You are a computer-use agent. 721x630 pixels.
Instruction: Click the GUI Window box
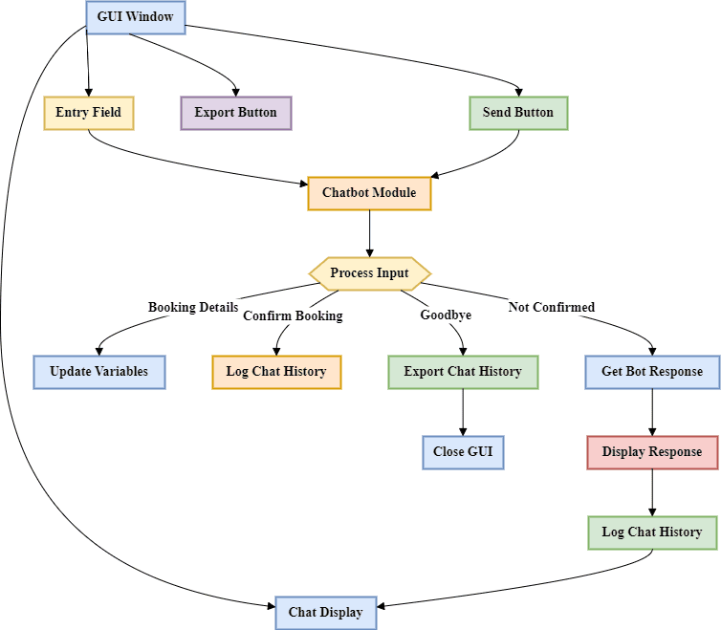pyautogui.click(x=135, y=16)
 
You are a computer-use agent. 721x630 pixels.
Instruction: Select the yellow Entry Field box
pyautogui.click(x=89, y=113)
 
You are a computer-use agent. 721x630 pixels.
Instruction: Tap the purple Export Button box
pyautogui.click(x=235, y=113)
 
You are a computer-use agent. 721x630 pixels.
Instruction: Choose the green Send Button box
pyautogui.click(x=518, y=113)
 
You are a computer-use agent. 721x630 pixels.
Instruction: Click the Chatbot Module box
pyautogui.click(x=369, y=193)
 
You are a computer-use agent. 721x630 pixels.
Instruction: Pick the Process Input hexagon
pyautogui.click(x=369, y=273)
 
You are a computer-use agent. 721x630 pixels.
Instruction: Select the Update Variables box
pyautogui.click(x=99, y=372)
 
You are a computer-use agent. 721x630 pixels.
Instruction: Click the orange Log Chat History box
pyautogui.click(x=276, y=372)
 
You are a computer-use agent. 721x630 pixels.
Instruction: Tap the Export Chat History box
pyautogui.click(x=463, y=372)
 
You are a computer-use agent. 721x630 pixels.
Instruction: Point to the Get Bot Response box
pyautogui.click(x=652, y=372)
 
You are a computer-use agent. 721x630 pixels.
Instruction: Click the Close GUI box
pyautogui.click(x=463, y=452)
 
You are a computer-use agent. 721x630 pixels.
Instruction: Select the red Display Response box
pyautogui.click(x=652, y=452)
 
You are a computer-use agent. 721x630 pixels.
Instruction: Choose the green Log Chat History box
pyautogui.click(x=652, y=532)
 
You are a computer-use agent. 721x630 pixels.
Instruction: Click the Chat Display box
pyautogui.click(x=326, y=613)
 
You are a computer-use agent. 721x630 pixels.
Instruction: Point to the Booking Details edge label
pyautogui.click(x=192, y=308)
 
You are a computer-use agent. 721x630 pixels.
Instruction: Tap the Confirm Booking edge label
pyautogui.click(x=293, y=316)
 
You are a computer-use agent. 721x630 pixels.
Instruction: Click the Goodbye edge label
pyautogui.click(x=446, y=315)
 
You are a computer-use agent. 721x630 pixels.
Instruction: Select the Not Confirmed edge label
pyautogui.click(x=552, y=308)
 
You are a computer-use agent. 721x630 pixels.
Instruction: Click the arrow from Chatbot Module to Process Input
pyautogui.click(x=369, y=233)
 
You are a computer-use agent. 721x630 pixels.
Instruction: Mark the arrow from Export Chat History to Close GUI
pyautogui.click(x=463, y=412)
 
